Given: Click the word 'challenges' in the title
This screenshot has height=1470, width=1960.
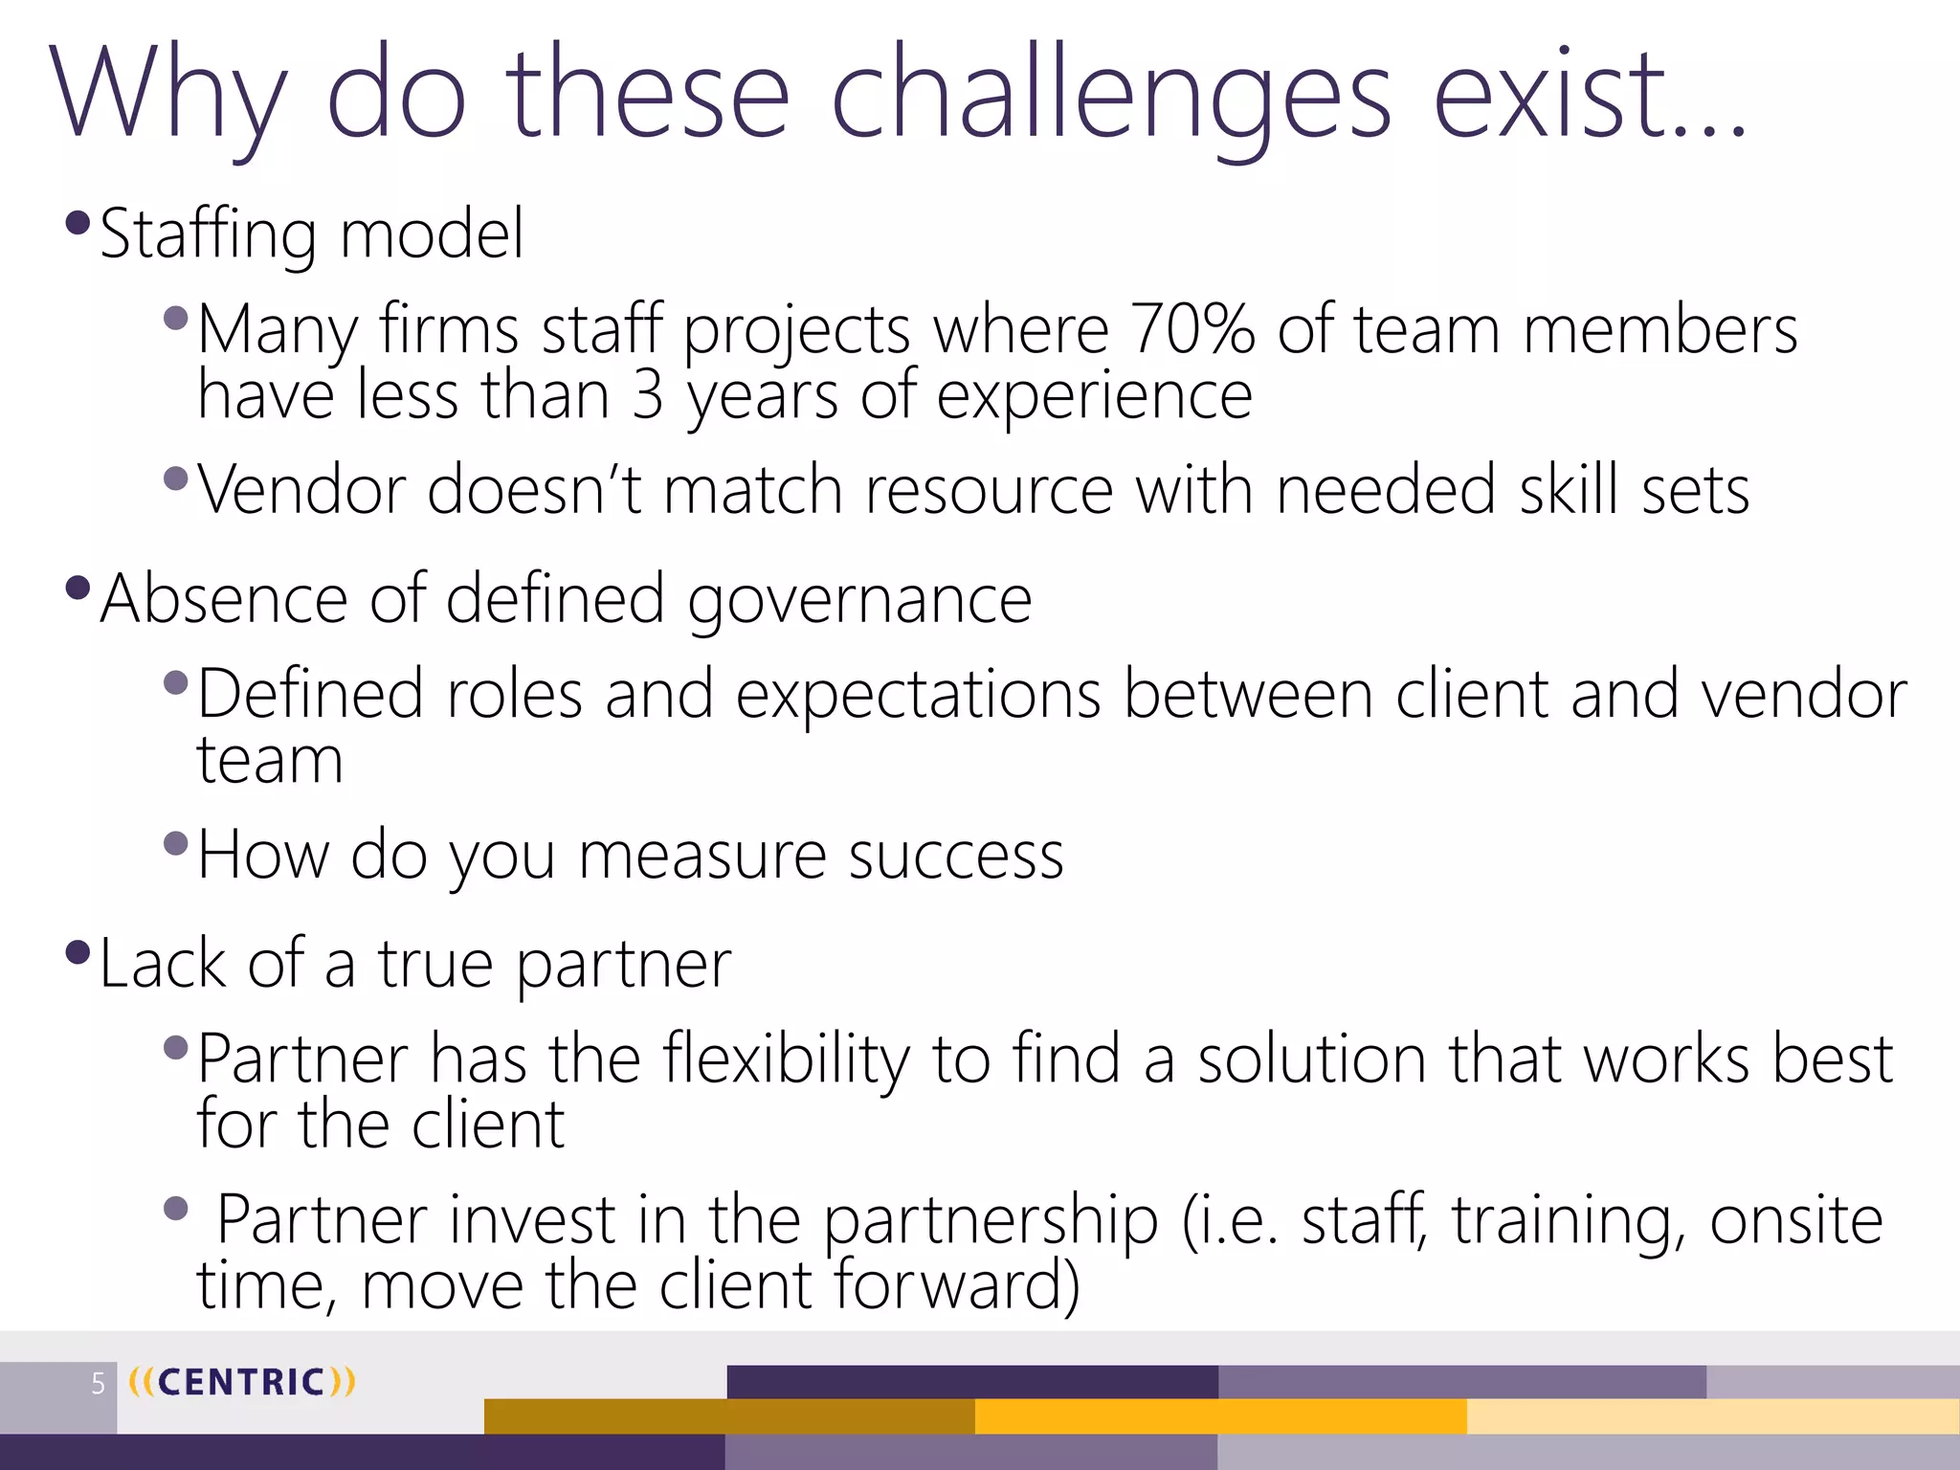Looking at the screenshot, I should (1110, 96).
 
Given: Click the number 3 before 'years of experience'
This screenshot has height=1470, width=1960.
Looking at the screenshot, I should (648, 394).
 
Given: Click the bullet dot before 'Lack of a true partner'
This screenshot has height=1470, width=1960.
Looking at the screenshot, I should (78, 953).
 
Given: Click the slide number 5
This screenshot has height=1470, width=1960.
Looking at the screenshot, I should (98, 1383).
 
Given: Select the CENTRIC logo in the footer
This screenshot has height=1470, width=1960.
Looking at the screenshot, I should (241, 1382).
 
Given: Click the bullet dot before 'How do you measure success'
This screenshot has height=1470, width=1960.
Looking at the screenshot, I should (176, 843).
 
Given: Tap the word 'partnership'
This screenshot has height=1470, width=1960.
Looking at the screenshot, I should (990, 1220).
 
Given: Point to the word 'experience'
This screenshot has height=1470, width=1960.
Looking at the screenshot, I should (1094, 394).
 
